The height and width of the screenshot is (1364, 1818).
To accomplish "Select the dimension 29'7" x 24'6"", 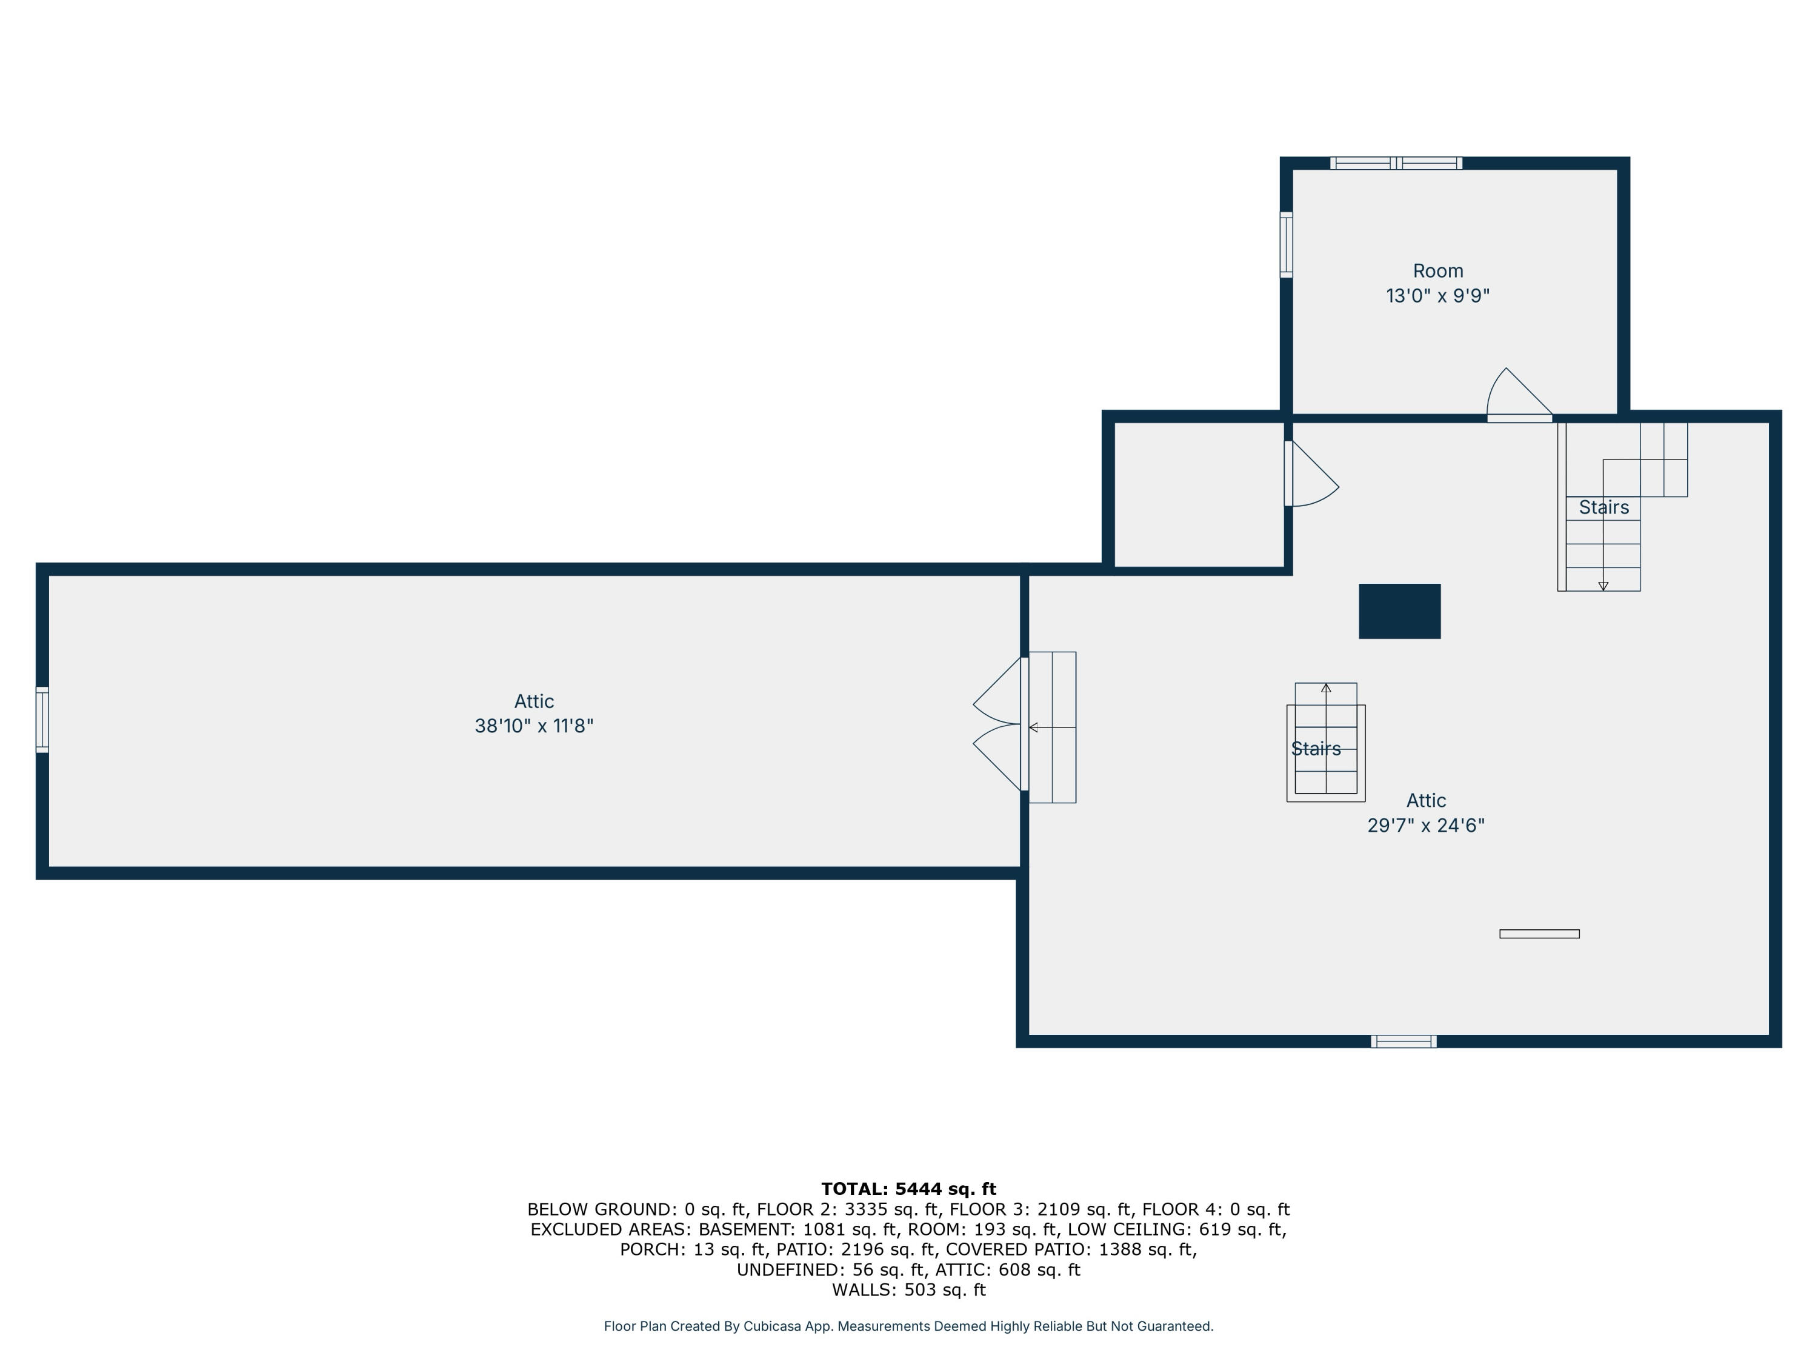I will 1425,826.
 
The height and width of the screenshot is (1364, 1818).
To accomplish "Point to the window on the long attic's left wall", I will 42,720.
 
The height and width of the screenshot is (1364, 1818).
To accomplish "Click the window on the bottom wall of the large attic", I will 1403,1041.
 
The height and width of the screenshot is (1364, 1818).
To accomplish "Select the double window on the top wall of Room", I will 1396,163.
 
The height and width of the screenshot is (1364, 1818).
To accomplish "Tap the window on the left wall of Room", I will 1287,244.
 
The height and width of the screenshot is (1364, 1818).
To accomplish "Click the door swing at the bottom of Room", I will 1519,399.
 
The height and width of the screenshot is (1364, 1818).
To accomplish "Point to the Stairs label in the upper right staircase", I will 1603,507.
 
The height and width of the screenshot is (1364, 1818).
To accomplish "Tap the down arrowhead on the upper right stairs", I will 1603,586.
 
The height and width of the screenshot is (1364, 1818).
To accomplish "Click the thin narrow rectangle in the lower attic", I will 1539,934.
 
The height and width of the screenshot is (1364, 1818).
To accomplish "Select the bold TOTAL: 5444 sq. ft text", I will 908,1189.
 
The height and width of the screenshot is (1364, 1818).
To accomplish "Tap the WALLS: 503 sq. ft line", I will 908,1290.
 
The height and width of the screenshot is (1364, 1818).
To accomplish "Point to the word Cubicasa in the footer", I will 772,1326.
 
